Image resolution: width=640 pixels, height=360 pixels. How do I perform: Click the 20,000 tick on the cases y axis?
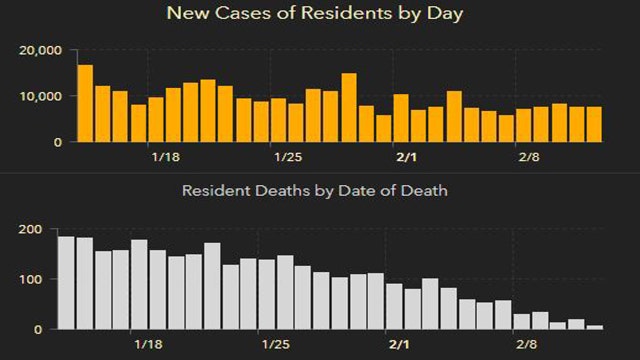pos(42,51)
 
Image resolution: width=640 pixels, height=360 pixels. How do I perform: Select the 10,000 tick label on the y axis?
pos(42,96)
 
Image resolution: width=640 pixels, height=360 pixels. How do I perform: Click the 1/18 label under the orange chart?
pos(165,157)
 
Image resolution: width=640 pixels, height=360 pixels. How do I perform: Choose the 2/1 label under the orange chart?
pos(407,157)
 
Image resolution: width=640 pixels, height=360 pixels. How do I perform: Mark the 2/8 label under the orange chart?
pos(528,157)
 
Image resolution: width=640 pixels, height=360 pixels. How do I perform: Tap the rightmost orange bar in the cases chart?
pos(594,124)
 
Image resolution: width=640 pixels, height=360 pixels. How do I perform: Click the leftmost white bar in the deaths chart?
pos(66,283)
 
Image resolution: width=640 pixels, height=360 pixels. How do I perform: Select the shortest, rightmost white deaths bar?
pos(595,327)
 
